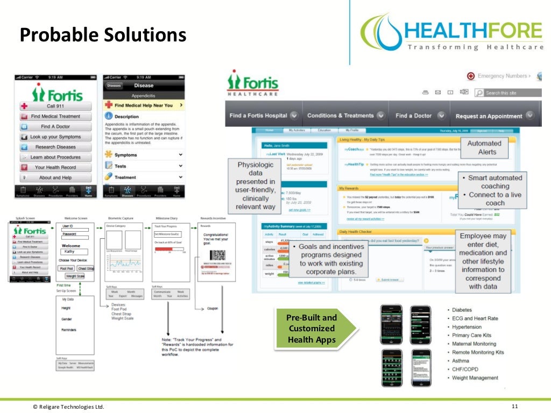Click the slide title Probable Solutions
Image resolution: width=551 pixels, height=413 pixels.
(103, 35)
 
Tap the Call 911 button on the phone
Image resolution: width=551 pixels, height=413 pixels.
(55, 106)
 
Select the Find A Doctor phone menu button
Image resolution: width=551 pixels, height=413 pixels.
(55, 126)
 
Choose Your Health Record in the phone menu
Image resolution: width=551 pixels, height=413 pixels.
(55, 167)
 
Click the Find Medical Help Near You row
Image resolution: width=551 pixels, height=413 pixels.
(144, 105)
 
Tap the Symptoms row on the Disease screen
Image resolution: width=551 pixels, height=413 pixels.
(144, 155)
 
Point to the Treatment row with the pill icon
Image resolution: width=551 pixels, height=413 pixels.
(144, 177)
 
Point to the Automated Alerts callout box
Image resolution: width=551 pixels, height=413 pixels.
(484, 147)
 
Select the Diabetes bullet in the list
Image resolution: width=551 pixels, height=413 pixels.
(462, 310)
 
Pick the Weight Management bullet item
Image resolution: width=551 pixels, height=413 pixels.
(475, 378)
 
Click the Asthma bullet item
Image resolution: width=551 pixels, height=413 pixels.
(461, 361)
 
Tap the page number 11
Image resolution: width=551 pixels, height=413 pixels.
(514, 406)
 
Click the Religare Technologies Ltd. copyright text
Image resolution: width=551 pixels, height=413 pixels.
(68, 407)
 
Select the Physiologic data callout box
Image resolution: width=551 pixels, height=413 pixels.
(256, 186)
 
